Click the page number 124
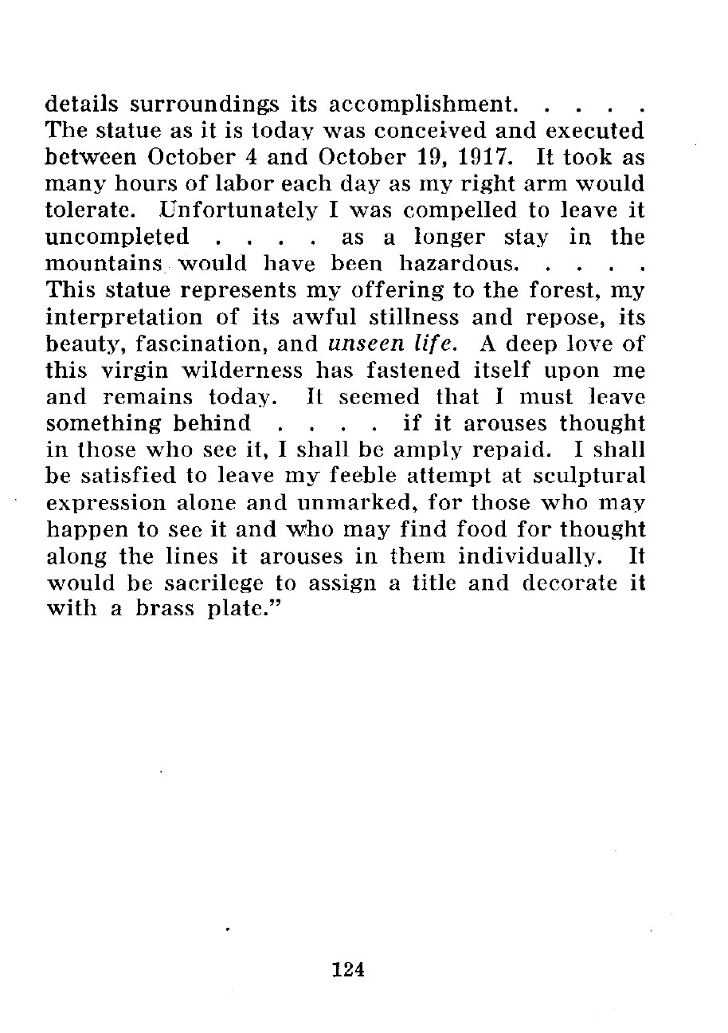348,969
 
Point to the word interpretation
135,319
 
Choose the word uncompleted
118,238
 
